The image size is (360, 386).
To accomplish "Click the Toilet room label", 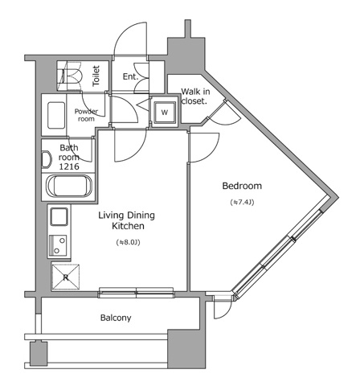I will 96,77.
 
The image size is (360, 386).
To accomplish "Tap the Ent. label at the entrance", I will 130,77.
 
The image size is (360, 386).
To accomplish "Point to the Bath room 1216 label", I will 69,157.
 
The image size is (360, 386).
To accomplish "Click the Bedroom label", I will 242,186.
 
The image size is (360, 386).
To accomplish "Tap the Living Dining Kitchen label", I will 127,221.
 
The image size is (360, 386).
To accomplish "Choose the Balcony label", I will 116,317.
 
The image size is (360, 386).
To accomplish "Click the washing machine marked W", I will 164,112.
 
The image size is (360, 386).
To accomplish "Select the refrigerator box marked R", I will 66,277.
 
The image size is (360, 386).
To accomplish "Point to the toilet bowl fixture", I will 69,77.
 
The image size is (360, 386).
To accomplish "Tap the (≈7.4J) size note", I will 242,202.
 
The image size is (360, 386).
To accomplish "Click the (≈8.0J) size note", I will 127,241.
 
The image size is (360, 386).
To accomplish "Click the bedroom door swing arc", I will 206,146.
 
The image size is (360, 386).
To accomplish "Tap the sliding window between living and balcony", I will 137,291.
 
